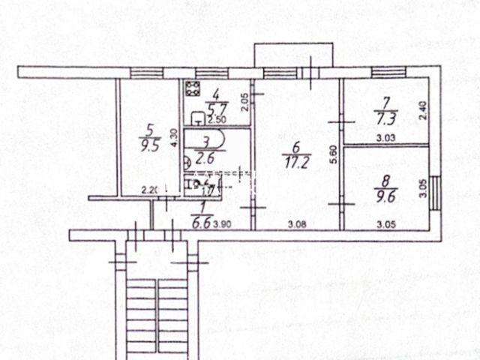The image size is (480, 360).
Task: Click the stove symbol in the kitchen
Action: pyautogui.click(x=193, y=89)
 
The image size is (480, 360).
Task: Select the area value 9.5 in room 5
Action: pyautogui.click(x=152, y=146)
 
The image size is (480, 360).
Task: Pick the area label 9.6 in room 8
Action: pyautogui.click(x=385, y=191)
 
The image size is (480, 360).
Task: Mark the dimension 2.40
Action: pyautogui.click(x=422, y=111)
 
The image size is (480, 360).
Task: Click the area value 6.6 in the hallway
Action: pyautogui.click(x=202, y=223)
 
